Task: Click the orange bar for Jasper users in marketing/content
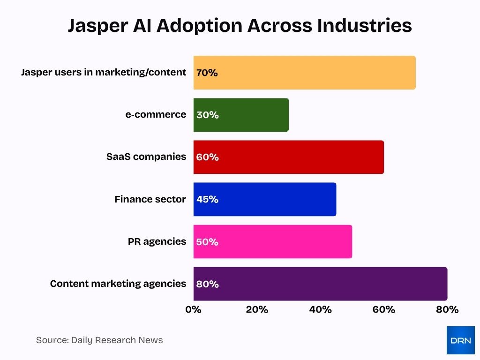click(305, 73)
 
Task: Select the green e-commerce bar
click(241, 115)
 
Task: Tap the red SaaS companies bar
click(289, 157)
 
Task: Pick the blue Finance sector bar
click(265, 199)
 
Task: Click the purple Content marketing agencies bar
click(320, 284)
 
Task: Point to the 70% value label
click(207, 73)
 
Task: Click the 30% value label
click(208, 115)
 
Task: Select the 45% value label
click(208, 199)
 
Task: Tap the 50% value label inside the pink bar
click(208, 242)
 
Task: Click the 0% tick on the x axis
click(193, 310)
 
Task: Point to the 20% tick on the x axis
click(257, 310)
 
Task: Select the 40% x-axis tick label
click(320, 310)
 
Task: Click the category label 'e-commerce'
click(156, 115)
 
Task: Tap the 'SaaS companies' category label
click(146, 157)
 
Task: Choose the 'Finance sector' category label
click(150, 199)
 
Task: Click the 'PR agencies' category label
click(157, 241)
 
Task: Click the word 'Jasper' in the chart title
click(96, 26)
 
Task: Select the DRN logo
click(460, 340)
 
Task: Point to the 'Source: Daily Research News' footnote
click(99, 340)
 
